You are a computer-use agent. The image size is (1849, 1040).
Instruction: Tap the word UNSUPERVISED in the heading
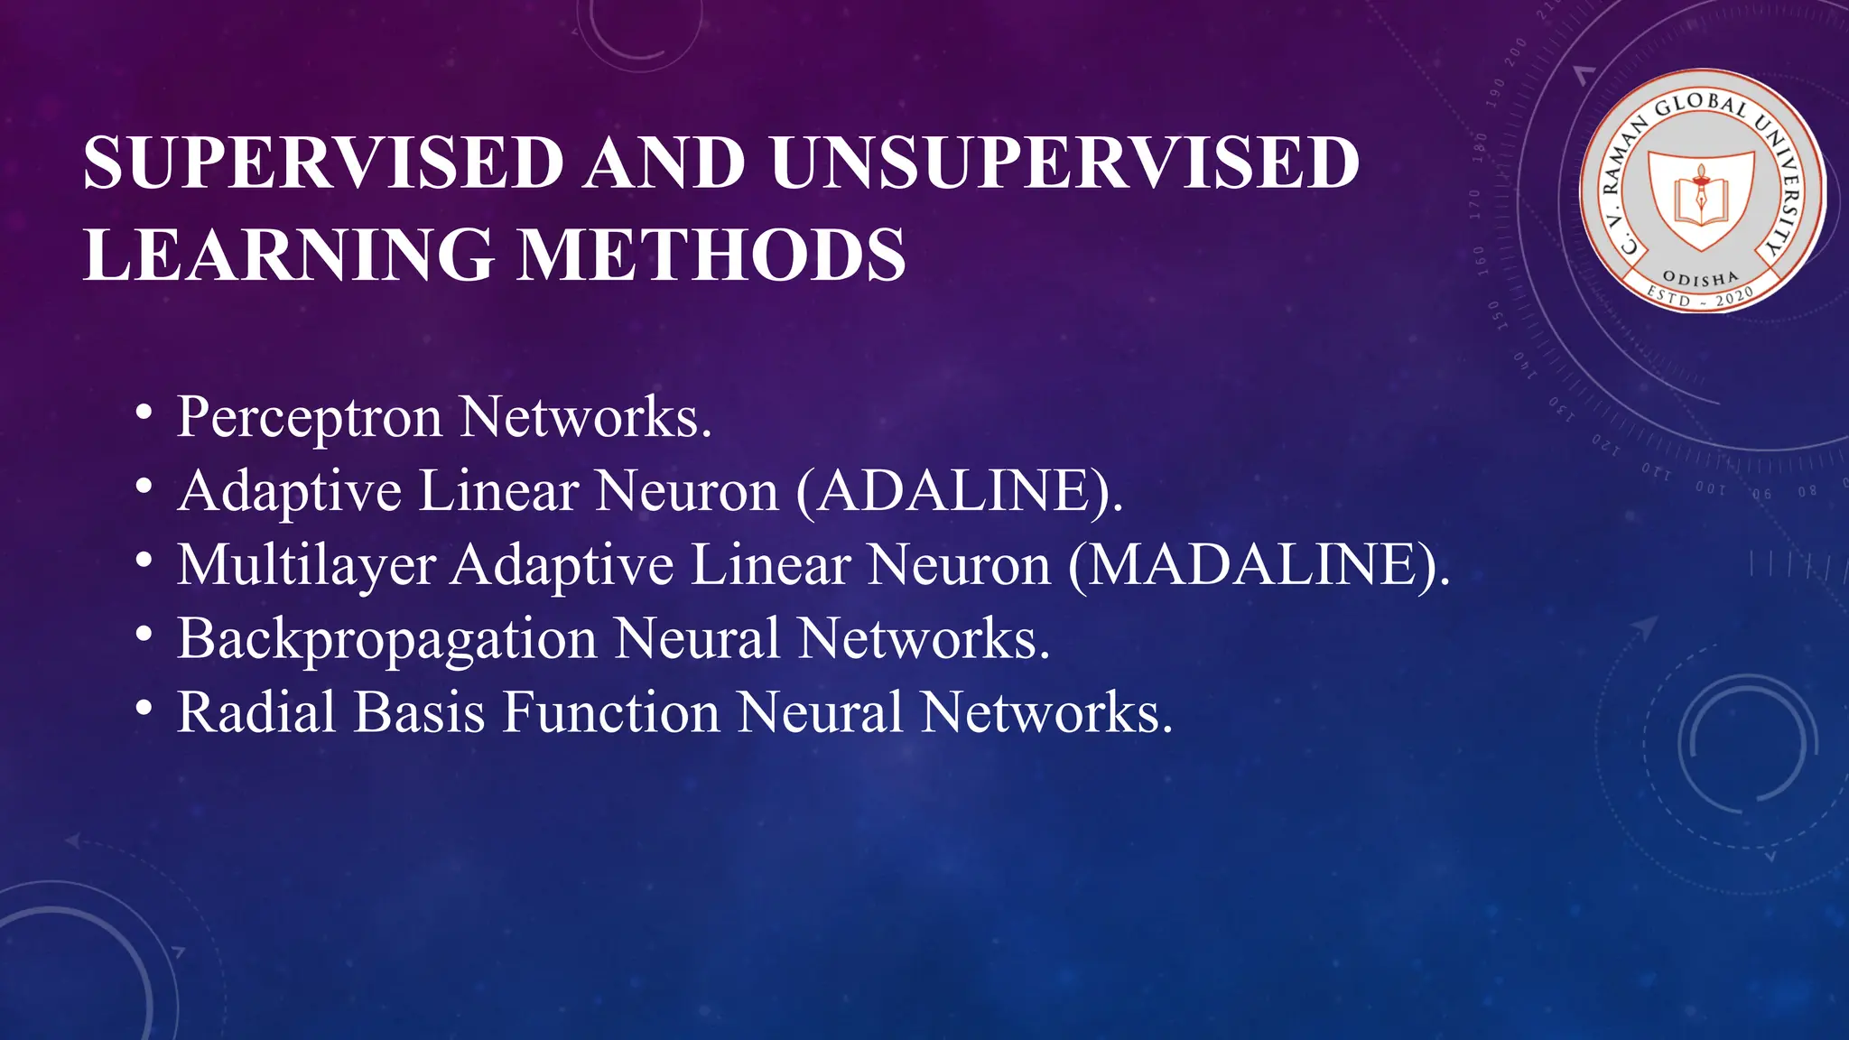click(x=1065, y=163)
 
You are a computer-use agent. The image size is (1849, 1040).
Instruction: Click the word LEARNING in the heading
click(x=289, y=255)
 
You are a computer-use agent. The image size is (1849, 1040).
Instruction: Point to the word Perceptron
click(x=310, y=419)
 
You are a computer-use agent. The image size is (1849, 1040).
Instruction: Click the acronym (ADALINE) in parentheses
click(x=960, y=492)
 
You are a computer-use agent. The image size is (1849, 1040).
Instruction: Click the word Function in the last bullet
click(x=610, y=712)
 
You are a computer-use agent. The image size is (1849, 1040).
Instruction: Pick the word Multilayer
click(x=307, y=567)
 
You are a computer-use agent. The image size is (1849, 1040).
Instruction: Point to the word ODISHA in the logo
click(x=1700, y=278)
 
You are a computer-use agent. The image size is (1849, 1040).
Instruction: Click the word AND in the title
click(x=665, y=163)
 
